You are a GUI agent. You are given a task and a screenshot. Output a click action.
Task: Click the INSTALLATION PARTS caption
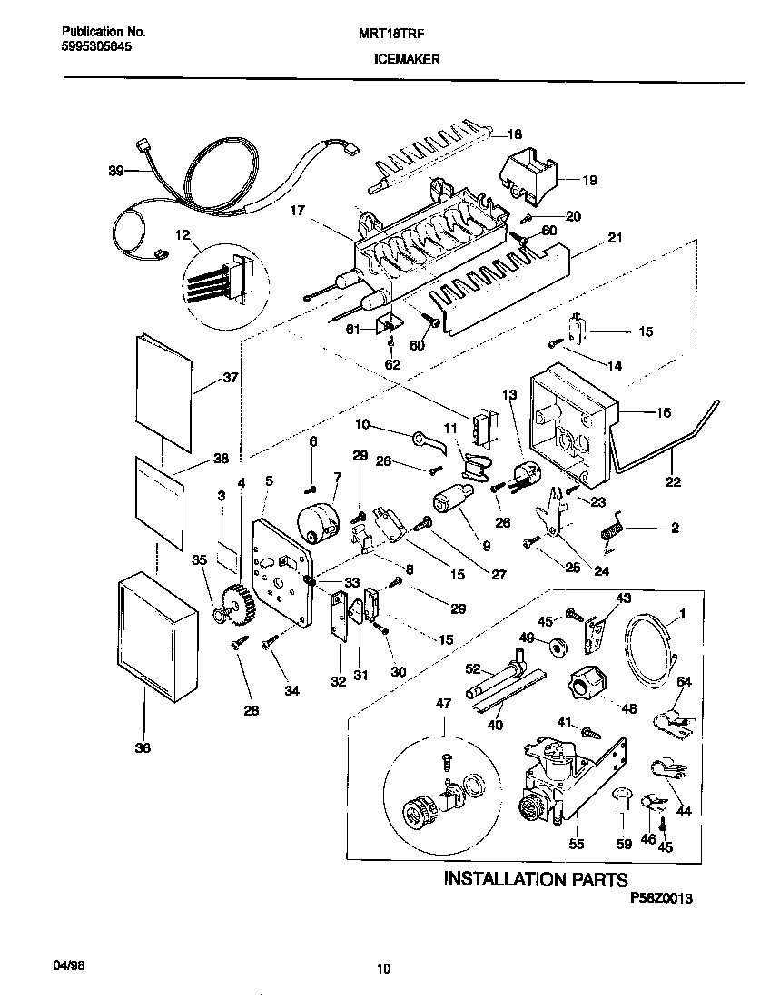point(535,879)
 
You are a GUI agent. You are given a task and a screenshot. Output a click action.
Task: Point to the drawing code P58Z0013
point(661,898)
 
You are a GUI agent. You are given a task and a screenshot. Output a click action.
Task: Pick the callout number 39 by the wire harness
point(116,170)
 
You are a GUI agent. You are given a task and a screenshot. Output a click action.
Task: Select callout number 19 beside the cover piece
point(589,180)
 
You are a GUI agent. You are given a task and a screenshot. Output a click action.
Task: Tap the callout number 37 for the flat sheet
point(230,379)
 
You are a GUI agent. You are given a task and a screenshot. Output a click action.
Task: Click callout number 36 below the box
point(143,747)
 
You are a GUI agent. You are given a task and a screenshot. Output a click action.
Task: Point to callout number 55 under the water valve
point(576,844)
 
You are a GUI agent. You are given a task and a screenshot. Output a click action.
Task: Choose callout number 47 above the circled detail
point(443,704)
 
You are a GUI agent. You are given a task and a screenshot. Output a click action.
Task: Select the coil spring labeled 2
point(614,529)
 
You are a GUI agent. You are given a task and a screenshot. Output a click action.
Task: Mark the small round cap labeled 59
point(622,797)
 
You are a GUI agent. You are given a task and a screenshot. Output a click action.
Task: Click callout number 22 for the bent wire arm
point(673,482)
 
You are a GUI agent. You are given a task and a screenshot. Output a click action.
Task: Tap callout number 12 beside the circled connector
point(184,235)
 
